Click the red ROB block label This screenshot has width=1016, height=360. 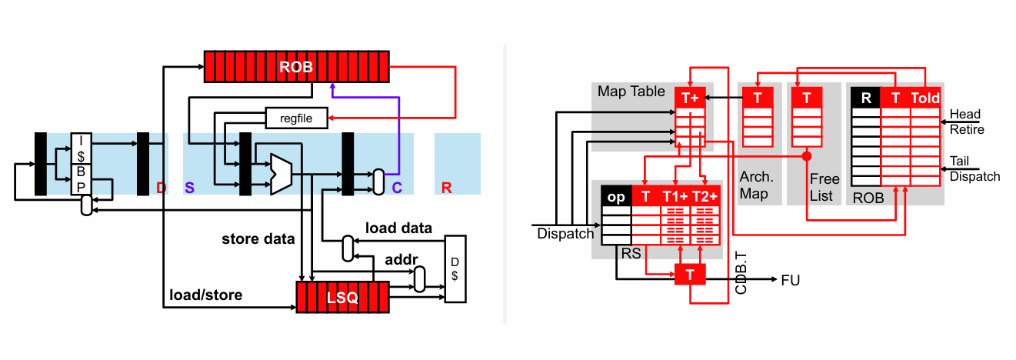pyautogui.click(x=296, y=67)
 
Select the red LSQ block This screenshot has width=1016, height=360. pyautogui.click(x=342, y=297)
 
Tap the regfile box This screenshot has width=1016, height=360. pyautogui.click(x=296, y=118)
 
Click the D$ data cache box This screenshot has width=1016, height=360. pyautogui.click(x=455, y=269)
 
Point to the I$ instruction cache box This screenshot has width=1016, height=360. pyautogui.click(x=82, y=148)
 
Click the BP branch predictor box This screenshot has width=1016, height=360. pyautogui.click(x=82, y=179)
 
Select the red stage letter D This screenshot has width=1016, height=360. pyautogui.click(x=161, y=188)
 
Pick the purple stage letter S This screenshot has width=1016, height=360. pyautogui.click(x=190, y=188)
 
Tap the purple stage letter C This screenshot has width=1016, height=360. pyautogui.click(x=397, y=188)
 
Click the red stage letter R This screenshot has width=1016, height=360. pyautogui.click(x=447, y=188)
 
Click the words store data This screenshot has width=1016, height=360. pyautogui.click(x=258, y=239)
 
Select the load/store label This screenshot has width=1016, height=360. pyautogui.click(x=206, y=295)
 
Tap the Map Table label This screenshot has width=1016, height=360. pyautogui.click(x=631, y=91)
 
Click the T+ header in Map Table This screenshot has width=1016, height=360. pyautogui.click(x=690, y=98)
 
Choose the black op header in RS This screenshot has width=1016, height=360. pyautogui.click(x=616, y=197)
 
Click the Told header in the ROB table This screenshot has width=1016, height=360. pyautogui.click(x=925, y=98)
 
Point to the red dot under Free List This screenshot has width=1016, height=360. pyautogui.click(x=807, y=156)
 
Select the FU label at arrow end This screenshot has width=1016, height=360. pyautogui.click(x=790, y=280)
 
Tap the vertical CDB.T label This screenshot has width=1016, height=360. pyautogui.click(x=741, y=273)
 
